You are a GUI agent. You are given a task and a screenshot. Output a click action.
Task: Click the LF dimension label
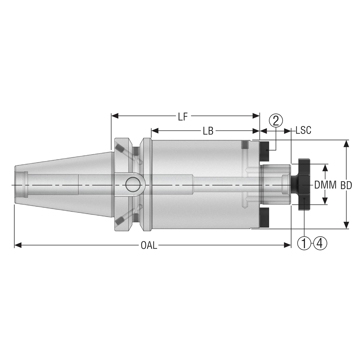pyautogui.click(x=183, y=117)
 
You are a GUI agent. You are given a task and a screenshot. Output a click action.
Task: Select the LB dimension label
pyautogui.click(x=208, y=131)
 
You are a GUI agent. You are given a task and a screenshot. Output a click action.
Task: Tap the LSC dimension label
pyautogui.click(x=303, y=130)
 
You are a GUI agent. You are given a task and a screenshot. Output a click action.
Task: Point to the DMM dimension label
pyautogui.click(x=325, y=185)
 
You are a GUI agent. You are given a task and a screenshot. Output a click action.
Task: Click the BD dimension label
pyautogui.click(x=346, y=185)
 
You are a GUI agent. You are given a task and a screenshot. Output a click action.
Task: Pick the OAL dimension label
pyautogui.click(x=149, y=246)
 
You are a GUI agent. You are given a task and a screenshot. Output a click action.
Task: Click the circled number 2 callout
pyautogui.click(x=276, y=121)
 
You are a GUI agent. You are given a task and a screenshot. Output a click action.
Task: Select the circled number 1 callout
pyautogui.click(x=304, y=243)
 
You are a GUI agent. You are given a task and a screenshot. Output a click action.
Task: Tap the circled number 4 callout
pyautogui.click(x=320, y=243)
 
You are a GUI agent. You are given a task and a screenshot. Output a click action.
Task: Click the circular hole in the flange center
pyautogui.click(x=133, y=185)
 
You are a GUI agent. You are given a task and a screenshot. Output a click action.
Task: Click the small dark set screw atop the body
pyautogui.click(x=244, y=145)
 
